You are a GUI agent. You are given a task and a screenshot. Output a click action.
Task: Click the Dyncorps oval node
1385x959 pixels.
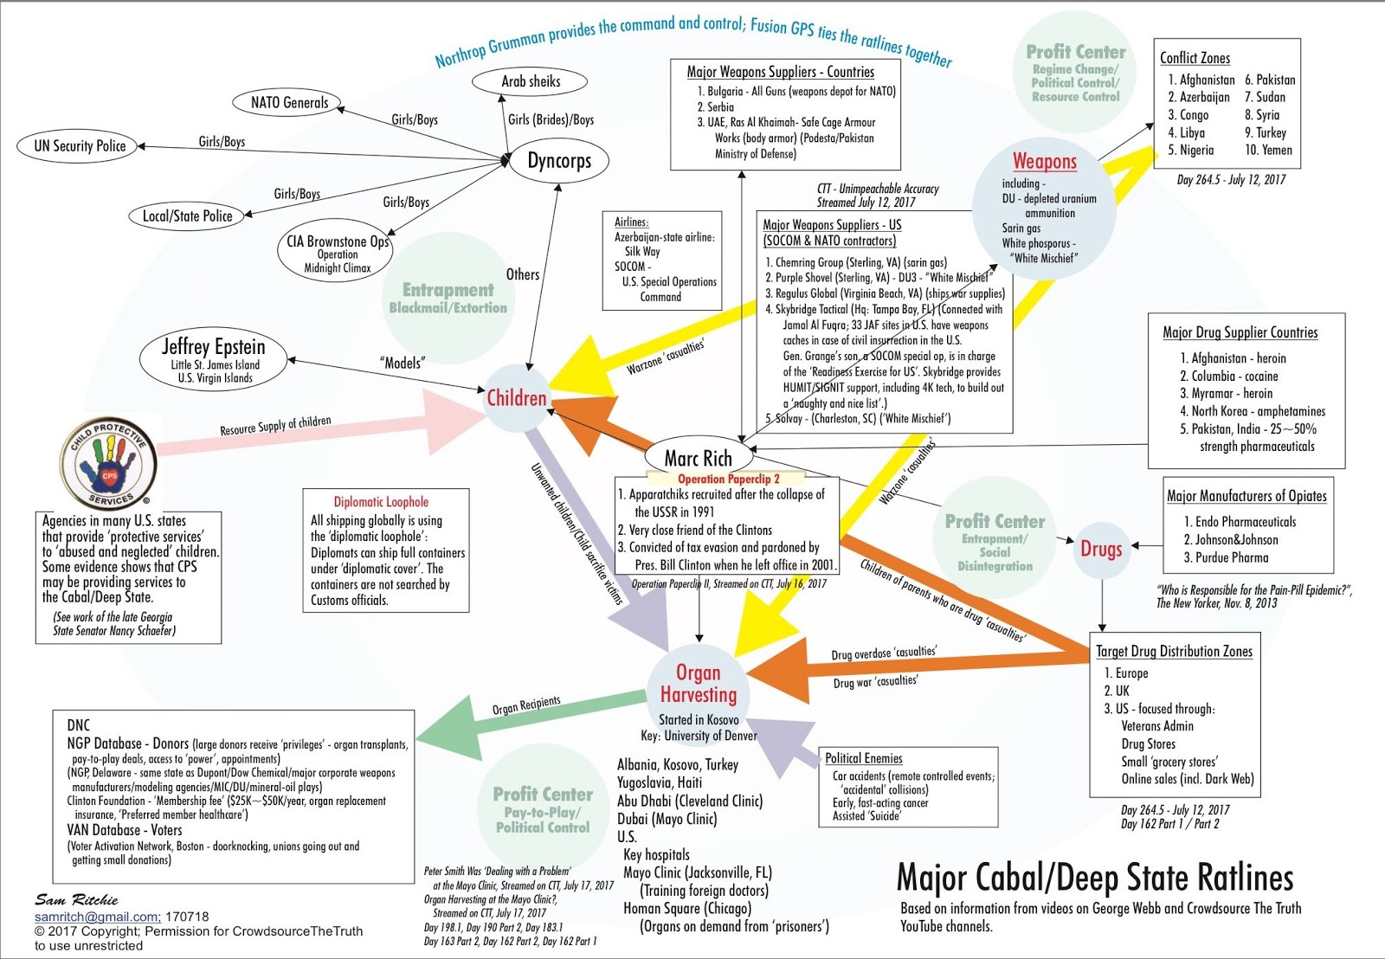(x=559, y=161)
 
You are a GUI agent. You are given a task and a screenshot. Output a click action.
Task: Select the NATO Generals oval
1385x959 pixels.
(x=289, y=103)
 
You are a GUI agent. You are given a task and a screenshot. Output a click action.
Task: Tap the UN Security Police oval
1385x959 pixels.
(x=80, y=146)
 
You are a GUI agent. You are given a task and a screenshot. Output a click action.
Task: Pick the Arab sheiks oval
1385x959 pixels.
(x=531, y=81)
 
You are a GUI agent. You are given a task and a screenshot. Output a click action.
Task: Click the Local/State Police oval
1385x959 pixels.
(x=188, y=216)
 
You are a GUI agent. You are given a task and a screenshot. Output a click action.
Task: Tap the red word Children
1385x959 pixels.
(x=517, y=398)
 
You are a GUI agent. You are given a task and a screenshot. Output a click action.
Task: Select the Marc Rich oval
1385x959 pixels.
(x=698, y=458)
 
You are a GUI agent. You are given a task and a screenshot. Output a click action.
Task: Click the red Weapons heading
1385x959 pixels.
(x=1045, y=161)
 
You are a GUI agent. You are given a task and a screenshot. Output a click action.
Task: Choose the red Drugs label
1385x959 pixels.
(x=1101, y=549)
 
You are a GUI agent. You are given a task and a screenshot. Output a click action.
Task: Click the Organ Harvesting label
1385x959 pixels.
(x=698, y=683)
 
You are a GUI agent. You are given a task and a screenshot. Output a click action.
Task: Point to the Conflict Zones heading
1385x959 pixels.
(x=1195, y=58)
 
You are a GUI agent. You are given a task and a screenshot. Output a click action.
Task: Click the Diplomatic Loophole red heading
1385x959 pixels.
(x=381, y=502)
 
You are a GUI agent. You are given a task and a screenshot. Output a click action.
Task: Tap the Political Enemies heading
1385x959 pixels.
(x=863, y=758)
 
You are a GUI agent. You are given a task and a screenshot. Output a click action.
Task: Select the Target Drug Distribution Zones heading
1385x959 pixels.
(x=1174, y=651)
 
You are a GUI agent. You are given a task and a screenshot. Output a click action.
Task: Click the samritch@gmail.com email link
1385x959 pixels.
(x=97, y=917)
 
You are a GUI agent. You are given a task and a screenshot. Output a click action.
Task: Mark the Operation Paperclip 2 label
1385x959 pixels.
(x=728, y=479)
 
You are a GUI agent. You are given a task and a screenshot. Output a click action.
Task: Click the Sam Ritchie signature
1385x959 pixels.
(x=76, y=900)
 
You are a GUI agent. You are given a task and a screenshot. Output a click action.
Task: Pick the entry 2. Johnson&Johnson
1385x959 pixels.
(x=1230, y=539)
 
